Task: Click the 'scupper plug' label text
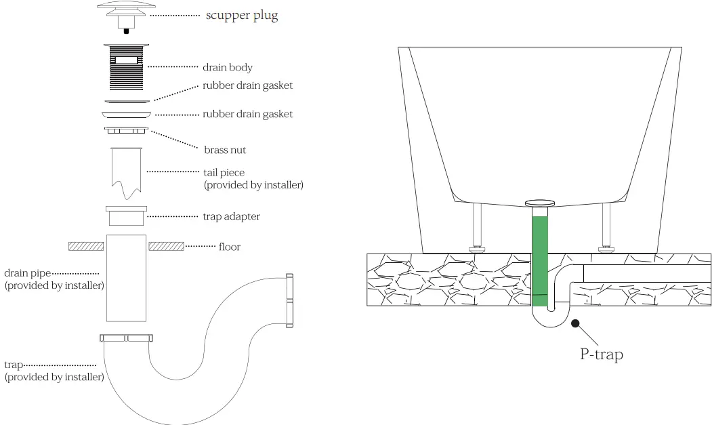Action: tap(241, 16)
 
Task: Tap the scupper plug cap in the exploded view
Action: tap(126, 8)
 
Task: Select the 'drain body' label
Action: tap(227, 67)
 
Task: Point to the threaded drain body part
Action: tap(126, 68)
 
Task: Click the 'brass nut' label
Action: tap(225, 150)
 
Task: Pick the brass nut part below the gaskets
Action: tap(126, 129)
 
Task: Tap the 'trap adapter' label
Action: tap(231, 216)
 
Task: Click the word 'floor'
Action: tap(229, 247)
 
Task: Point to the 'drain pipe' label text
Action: tap(28, 273)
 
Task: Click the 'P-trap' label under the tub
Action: tap(600, 354)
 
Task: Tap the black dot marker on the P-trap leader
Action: tap(575, 323)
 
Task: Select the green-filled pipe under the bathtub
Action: tap(539, 258)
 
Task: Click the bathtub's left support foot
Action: tap(478, 227)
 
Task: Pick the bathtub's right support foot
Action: tap(606, 227)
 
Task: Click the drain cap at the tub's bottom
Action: tap(540, 202)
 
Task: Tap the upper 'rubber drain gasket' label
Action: tap(247, 85)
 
